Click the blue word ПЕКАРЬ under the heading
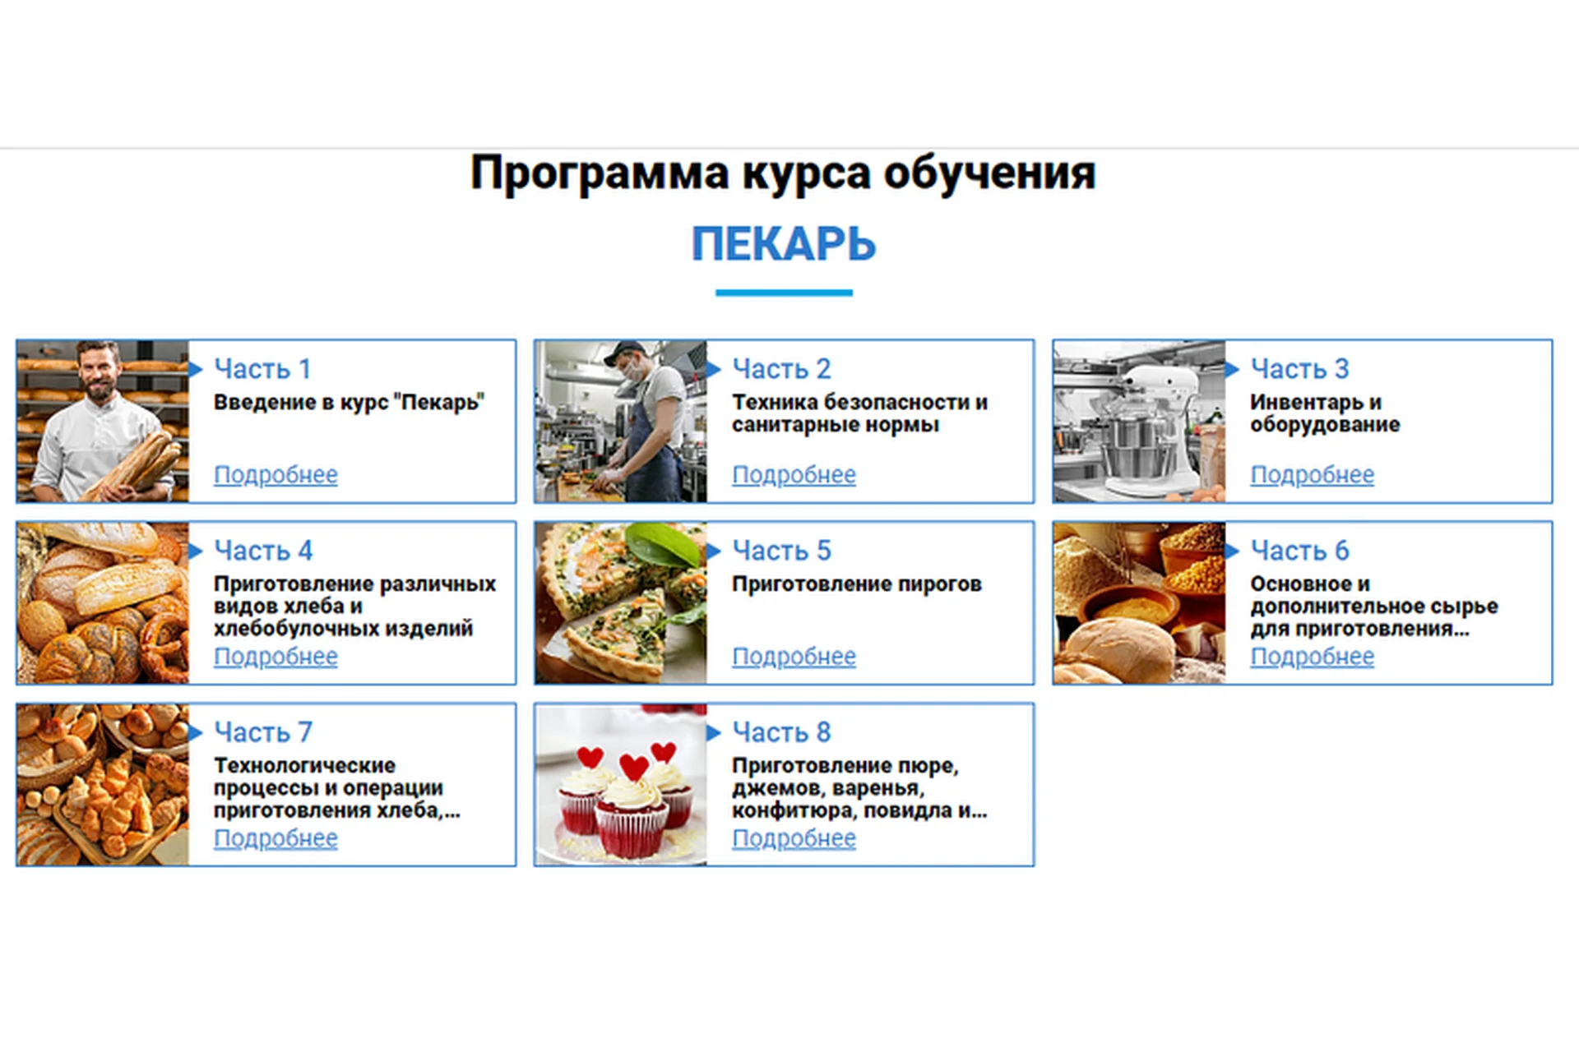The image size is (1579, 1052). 784,244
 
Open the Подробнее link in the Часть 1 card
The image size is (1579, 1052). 276,475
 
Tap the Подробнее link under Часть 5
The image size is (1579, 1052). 794,657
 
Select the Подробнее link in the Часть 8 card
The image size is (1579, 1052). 794,838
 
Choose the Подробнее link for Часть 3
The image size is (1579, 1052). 1312,475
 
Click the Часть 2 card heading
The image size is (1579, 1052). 781,369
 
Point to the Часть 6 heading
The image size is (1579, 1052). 1299,551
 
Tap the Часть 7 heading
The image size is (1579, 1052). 263,732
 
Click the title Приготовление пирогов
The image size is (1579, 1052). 857,584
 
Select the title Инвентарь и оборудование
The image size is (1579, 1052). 1325,413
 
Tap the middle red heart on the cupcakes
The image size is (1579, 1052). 633,767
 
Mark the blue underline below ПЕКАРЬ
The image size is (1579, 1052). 784,293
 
